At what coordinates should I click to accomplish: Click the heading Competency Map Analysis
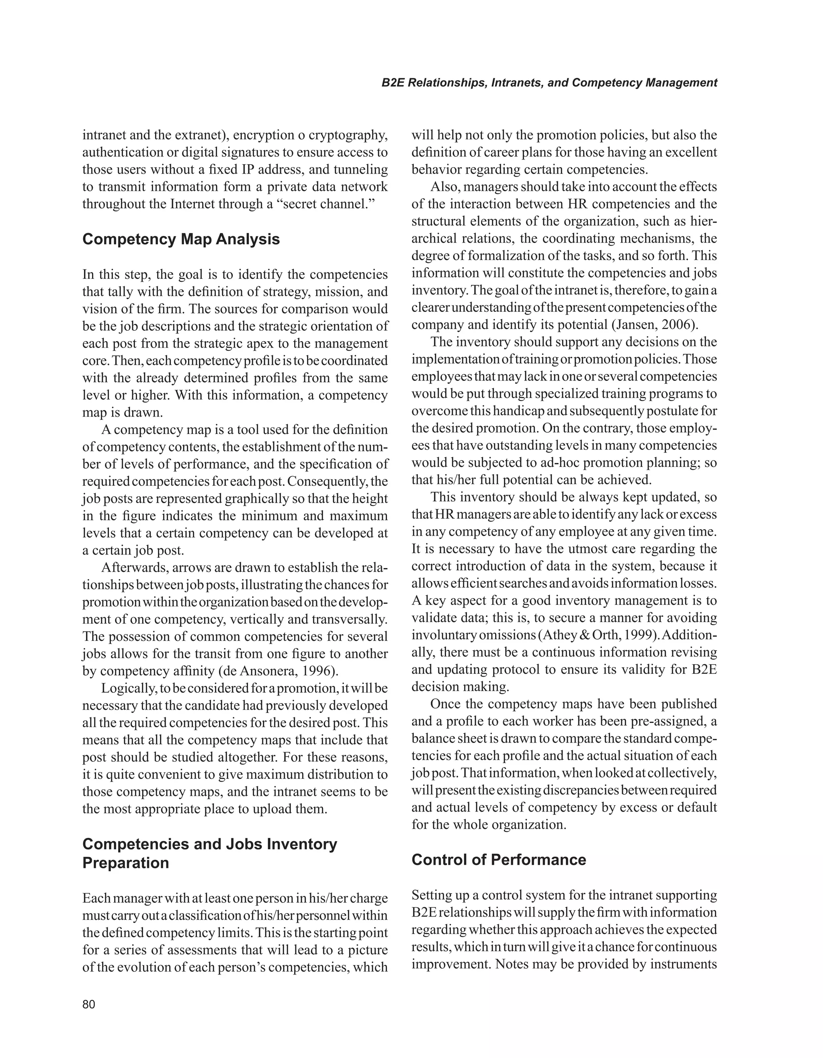point(181,239)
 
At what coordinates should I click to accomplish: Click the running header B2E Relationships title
point(549,83)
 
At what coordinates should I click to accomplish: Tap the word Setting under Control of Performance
point(431,895)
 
